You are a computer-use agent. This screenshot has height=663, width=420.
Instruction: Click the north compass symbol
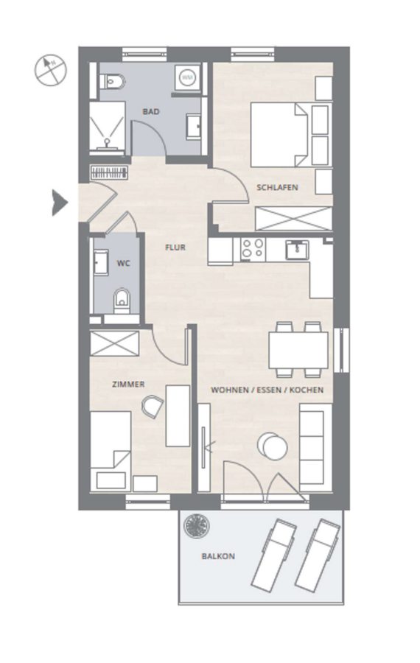click(50, 70)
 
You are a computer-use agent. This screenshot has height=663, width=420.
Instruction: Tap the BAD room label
click(151, 112)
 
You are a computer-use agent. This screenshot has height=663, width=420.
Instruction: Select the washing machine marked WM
click(186, 77)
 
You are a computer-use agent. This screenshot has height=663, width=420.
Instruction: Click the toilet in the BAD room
click(112, 81)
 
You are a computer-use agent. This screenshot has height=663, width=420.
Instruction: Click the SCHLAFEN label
click(277, 187)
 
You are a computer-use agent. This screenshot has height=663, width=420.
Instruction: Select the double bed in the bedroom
click(279, 135)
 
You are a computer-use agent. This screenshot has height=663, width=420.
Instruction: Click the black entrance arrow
click(59, 203)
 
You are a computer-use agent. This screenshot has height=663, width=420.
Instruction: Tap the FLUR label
click(175, 248)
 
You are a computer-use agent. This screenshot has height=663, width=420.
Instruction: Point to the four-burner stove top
click(253, 248)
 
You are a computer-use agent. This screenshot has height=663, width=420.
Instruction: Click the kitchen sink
click(297, 250)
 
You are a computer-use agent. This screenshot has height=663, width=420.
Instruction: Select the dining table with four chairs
click(298, 350)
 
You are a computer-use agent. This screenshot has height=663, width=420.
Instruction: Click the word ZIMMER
click(128, 385)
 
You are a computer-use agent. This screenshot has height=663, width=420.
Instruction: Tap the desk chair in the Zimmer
click(153, 407)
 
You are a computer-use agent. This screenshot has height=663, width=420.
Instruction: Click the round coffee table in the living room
click(273, 446)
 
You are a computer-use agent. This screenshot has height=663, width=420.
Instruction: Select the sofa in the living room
click(315, 447)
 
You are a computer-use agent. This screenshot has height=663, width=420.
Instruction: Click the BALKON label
click(218, 556)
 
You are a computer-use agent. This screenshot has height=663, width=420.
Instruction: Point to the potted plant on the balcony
click(197, 525)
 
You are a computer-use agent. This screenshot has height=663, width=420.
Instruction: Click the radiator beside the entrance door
click(109, 172)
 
